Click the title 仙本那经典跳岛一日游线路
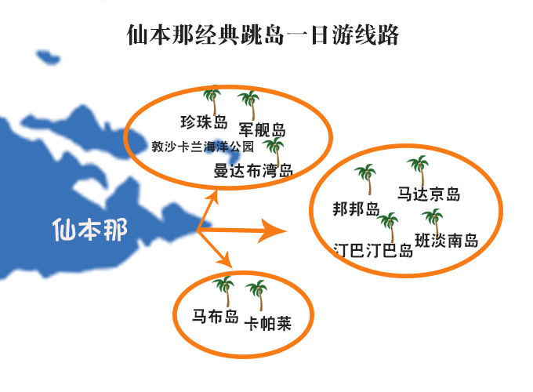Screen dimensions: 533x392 click(x=263, y=34)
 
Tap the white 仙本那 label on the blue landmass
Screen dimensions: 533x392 click(x=90, y=230)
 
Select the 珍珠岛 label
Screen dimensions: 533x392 click(x=204, y=122)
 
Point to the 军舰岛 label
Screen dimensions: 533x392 click(x=262, y=129)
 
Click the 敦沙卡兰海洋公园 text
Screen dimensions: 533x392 click(x=202, y=147)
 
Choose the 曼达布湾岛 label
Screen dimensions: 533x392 click(x=253, y=170)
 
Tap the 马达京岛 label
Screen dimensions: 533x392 click(x=429, y=194)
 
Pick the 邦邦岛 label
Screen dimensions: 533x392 click(x=356, y=209)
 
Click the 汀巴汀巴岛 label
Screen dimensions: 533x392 click(x=373, y=251)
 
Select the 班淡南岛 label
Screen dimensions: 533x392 click(x=447, y=241)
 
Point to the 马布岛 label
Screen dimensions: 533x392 click(x=216, y=316)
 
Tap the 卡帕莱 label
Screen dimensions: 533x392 click(x=268, y=323)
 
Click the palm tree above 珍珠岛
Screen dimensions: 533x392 click(x=213, y=101)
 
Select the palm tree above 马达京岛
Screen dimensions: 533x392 click(x=419, y=171)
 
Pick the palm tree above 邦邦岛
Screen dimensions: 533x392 click(x=366, y=179)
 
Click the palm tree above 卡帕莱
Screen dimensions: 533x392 click(x=257, y=295)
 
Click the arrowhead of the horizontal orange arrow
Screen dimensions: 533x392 click(x=274, y=231)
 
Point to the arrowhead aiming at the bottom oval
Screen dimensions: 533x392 click(x=225, y=260)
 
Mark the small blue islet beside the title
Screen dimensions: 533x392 click(x=49, y=57)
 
